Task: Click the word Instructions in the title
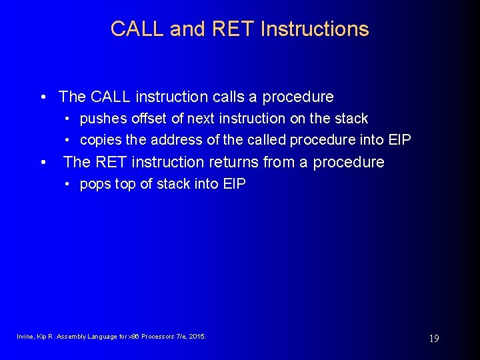pyautogui.click(x=315, y=29)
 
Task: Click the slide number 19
pyautogui.click(x=433, y=339)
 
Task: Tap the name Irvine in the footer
pyautogui.click(x=25, y=337)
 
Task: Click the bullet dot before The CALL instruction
pyautogui.click(x=43, y=97)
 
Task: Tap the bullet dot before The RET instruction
pyautogui.click(x=43, y=162)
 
